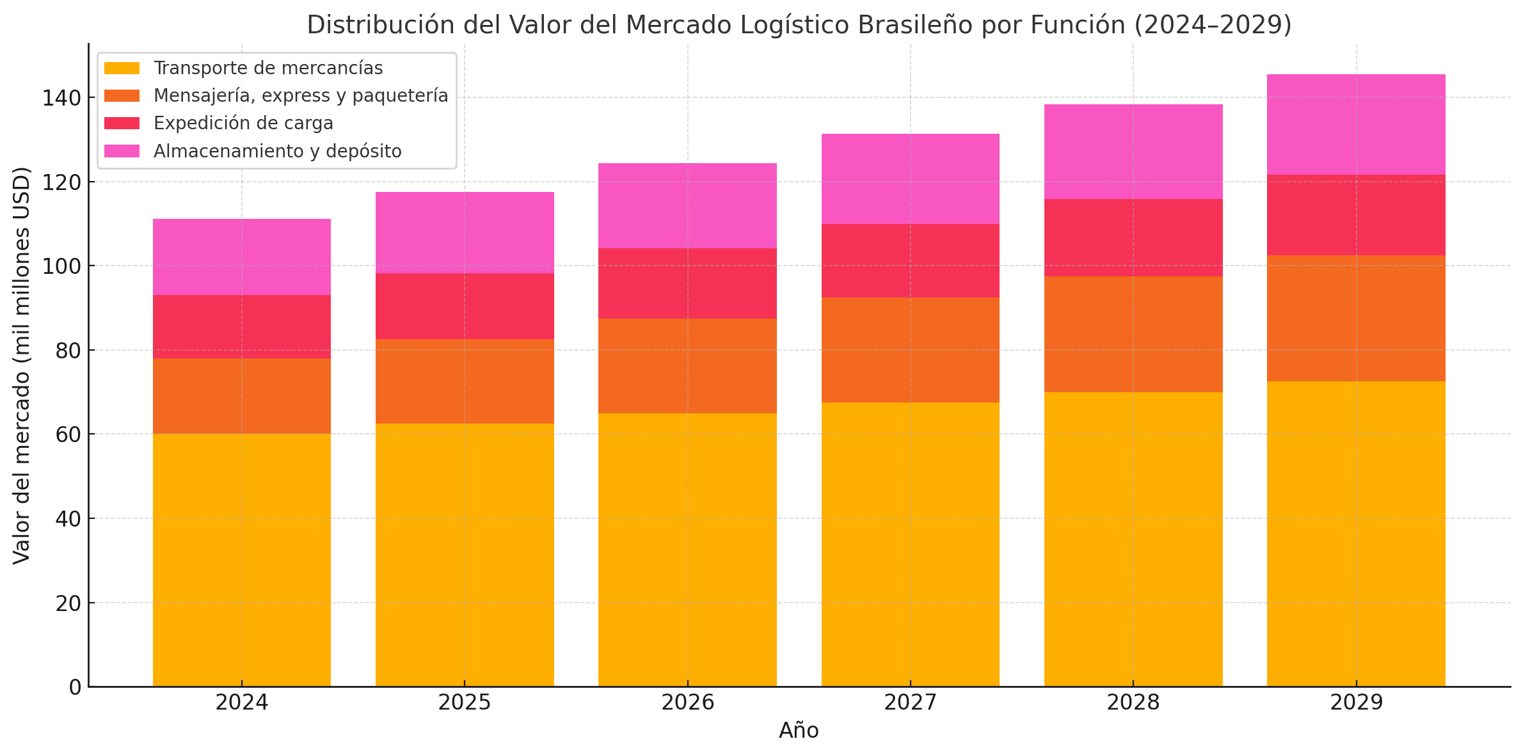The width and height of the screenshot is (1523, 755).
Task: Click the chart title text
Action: [799, 25]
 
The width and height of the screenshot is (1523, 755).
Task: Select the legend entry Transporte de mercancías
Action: [268, 68]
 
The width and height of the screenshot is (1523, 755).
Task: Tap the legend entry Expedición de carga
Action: [243, 123]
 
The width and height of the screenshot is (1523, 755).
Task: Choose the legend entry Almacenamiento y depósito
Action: [277, 151]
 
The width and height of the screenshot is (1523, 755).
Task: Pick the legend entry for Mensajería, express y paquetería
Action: [301, 95]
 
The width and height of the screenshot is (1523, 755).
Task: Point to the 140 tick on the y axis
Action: [61, 98]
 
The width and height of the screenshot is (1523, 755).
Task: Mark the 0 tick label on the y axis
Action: [76, 687]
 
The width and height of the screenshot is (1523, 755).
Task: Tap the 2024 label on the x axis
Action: [241, 703]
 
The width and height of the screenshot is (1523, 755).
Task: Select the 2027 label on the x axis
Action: [910, 703]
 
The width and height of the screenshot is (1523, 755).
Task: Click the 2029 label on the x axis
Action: [1356, 703]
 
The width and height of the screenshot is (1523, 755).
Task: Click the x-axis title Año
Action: [799, 731]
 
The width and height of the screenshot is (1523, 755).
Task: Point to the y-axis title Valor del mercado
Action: [22, 365]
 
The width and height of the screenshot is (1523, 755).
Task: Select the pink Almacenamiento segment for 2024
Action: [241, 257]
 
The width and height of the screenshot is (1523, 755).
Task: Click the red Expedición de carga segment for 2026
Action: [687, 283]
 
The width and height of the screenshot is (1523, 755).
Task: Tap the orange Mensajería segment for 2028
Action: [1133, 334]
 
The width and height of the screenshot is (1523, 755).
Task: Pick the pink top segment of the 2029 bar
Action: [1356, 124]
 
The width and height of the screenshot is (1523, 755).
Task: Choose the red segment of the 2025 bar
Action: [465, 306]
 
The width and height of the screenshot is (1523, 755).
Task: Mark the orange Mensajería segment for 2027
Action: [910, 349]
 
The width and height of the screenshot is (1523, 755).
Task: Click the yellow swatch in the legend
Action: [122, 68]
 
